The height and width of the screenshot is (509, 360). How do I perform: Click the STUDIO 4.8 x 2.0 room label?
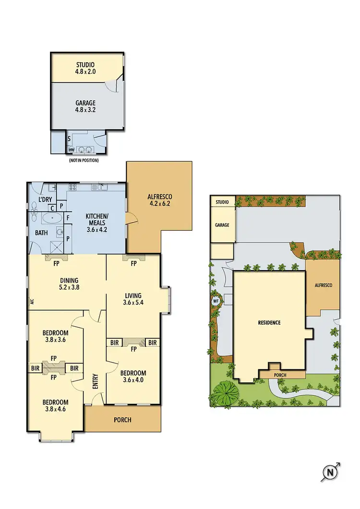(x=85, y=68)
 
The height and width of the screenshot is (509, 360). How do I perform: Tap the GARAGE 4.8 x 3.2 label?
(x=85, y=107)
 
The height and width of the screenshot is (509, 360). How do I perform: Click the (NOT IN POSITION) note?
(x=84, y=160)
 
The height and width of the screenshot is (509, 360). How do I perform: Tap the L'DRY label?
(x=45, y=200)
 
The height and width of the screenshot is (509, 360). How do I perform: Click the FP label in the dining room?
(x=56, y=263)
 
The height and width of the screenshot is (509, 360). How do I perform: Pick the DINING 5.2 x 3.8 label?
(x=69, y=284)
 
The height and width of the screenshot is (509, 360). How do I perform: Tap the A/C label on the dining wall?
(x=31, y=302)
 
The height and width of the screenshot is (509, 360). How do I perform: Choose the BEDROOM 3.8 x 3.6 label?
(x=55, y=336)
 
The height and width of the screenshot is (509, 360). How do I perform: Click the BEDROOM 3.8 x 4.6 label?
(x=55, y=406)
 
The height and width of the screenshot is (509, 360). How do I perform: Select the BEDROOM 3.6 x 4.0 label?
(x=133, y=377)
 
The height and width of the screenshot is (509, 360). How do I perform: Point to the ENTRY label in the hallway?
(x=95, y=382)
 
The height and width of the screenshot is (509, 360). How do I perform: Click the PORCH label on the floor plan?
(x=122, y=420)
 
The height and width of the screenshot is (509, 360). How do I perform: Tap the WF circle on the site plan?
(x=215, y=302)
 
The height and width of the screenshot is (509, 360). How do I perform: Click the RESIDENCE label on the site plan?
(x=269, y=322)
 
